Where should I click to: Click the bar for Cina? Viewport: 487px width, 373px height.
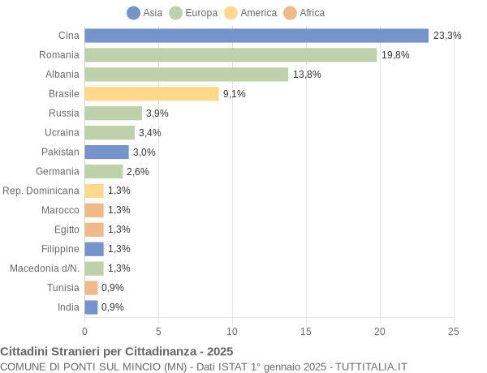256,36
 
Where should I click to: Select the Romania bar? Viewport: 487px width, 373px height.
231,55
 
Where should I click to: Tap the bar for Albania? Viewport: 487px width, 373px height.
187,75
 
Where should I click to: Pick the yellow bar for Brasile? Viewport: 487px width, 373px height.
152,94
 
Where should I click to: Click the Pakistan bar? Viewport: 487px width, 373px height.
106,152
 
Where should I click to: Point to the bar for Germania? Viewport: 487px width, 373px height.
104,172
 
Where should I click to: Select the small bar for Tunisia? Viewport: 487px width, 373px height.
91,288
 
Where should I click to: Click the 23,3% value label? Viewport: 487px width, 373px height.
447,36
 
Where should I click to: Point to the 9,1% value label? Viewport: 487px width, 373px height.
234,94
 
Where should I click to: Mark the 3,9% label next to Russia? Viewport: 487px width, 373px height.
157,114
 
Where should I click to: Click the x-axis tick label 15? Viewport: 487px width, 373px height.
306,331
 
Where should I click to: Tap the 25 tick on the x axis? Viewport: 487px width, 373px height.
454,331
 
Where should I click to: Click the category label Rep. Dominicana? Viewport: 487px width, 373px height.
41,191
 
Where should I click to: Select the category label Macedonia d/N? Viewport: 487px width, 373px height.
45,268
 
